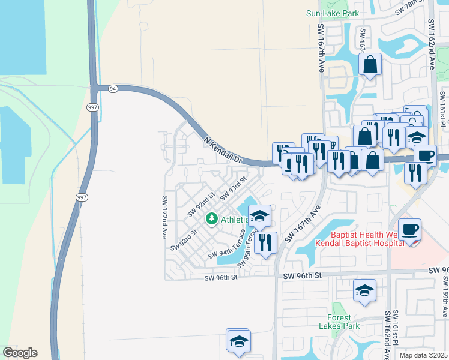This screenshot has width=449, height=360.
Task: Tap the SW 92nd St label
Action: click(x=201, y=204)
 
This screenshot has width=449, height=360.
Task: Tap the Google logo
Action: click(x=20, y=353)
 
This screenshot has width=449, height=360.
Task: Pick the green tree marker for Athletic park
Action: click(x=211, y=220)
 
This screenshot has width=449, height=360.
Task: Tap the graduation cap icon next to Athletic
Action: click(x=259, y=216)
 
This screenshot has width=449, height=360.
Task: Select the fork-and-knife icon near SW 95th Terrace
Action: click(x=265, y=242)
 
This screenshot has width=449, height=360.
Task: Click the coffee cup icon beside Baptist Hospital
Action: click(x=410, y=230)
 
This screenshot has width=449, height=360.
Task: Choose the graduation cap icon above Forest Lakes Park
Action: click(x=364, y=291)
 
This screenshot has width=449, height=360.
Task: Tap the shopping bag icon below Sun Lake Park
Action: click(x=370, y=64)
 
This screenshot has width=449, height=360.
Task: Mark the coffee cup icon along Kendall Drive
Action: click(x=425, y=155)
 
